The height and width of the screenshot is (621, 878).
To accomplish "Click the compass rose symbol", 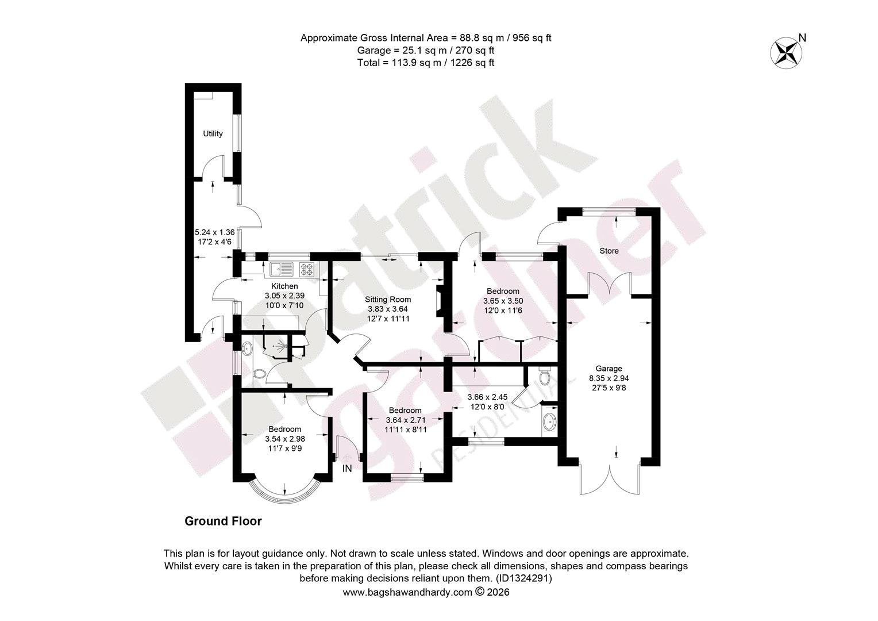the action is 786,53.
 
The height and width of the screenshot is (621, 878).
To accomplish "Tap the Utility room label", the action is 213,134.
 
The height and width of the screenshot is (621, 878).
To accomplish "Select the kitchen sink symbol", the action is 281,269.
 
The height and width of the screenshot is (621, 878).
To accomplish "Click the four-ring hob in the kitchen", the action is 307,269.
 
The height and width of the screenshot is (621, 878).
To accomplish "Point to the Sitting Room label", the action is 388,300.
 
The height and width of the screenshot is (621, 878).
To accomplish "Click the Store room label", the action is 609,251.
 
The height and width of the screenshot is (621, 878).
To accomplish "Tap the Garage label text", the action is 609,369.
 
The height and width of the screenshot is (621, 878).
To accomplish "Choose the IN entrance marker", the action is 347,468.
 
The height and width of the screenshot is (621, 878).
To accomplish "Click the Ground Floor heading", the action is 223,521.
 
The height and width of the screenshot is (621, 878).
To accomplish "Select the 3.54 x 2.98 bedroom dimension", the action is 285,439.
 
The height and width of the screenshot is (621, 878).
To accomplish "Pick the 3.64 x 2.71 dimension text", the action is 406,420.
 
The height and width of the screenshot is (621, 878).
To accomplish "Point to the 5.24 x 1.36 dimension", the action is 215,232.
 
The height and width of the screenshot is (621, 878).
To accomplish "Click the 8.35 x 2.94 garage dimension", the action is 609,378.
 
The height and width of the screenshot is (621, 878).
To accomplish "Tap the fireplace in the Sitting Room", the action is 440,302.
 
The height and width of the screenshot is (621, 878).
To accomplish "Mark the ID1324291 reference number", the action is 523,578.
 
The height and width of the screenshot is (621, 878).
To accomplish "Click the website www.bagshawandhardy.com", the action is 407,592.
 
